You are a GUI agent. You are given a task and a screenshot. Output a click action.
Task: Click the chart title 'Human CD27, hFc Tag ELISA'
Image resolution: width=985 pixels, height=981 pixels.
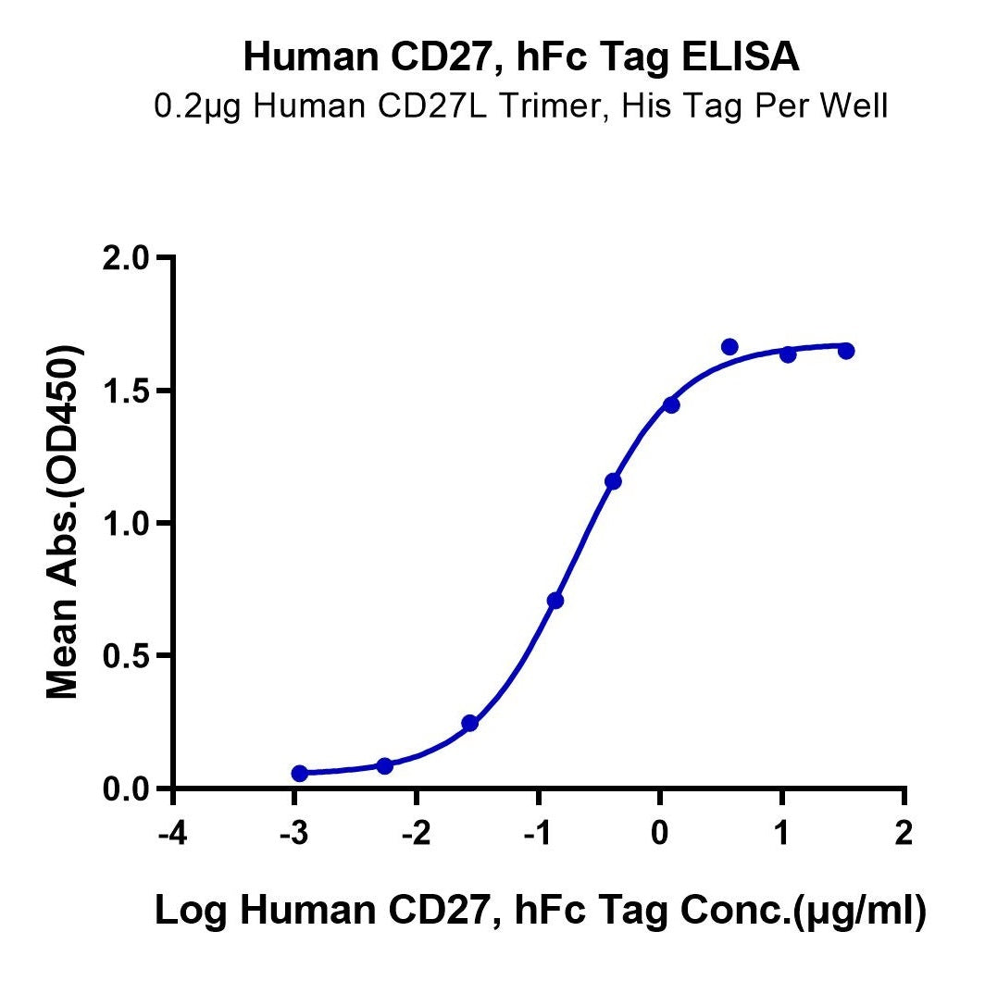coord(521,57)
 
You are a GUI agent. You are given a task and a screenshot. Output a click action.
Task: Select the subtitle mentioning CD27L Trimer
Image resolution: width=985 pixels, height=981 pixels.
coord(521,107)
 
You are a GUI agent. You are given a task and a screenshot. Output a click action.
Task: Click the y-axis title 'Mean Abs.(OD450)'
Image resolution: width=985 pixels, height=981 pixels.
coord(62,523)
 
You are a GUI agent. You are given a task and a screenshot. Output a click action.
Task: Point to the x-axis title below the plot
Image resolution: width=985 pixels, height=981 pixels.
coord(540,911)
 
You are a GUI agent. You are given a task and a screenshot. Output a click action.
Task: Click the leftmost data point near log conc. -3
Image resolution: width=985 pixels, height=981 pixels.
coord(299,773)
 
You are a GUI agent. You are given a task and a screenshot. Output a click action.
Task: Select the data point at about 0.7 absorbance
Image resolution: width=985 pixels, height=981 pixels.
coord(555,601)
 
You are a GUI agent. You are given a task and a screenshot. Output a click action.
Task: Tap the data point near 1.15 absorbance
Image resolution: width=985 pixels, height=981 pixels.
coord(613,481)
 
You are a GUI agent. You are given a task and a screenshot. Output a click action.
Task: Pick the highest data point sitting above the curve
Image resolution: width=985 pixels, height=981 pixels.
coord(729,347)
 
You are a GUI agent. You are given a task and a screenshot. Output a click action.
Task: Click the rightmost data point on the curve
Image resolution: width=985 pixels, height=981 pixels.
coord(846,351)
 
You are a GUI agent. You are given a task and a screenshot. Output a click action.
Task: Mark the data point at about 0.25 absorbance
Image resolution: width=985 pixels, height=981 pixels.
coord(469,723)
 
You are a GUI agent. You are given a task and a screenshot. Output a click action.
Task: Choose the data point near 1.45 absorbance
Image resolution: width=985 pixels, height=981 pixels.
coord(671,404)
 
